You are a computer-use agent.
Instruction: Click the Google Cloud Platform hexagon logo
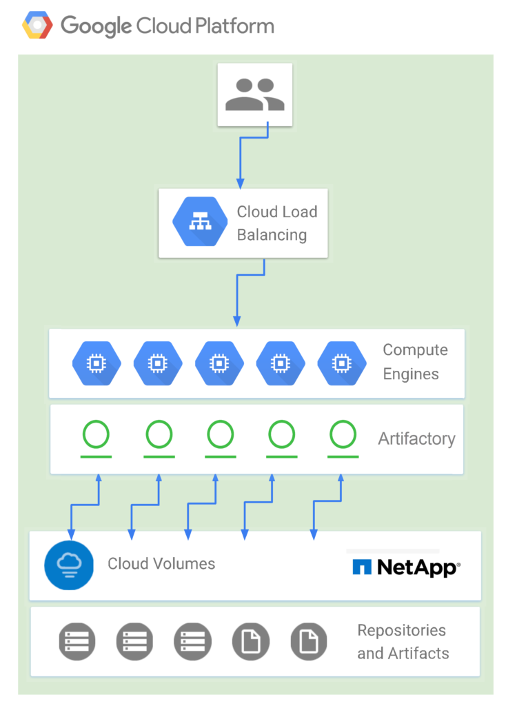[38, 26]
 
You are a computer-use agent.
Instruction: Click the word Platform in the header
[233, 26]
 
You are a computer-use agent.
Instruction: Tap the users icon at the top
[255, 95]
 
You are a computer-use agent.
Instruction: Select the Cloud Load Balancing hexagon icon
[200, 223]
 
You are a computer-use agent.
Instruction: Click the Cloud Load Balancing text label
[276, 223]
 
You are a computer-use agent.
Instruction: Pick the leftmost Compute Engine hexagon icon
[97, 363]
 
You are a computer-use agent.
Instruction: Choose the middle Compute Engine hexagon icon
[219, 363]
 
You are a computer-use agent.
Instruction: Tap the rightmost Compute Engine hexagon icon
[341, 363]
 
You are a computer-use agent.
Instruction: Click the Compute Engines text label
[414, 362]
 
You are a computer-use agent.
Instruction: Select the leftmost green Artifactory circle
[97, 435]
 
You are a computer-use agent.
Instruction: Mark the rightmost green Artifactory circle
[343, 435]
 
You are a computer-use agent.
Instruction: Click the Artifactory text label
[416, 438]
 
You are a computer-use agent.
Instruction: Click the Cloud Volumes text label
[161, 564]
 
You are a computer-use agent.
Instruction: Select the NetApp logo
[405, 567]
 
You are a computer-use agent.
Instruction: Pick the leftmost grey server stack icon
[77, 641]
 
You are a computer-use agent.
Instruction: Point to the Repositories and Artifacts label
[403, 642]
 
